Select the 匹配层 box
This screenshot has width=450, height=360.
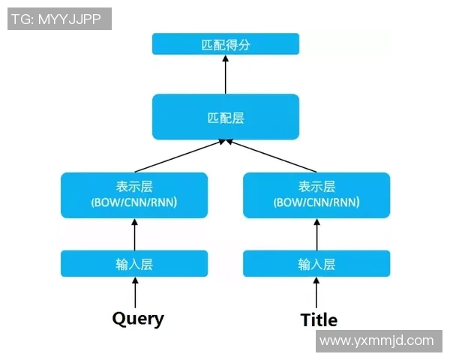pos(226,117)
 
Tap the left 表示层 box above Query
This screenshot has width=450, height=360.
pos(134,195)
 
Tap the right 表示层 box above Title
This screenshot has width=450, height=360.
pos(316,195)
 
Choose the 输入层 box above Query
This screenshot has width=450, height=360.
pos(134,264)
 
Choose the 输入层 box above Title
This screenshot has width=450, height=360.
pos(316,264)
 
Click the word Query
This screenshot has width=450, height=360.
pos(138,318)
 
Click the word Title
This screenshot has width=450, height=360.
pos(319,319)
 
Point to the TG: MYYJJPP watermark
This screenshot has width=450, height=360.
pos(59,19)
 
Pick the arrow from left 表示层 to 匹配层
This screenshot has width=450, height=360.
pos(180,156)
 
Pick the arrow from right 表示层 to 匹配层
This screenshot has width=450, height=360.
pos(271,156)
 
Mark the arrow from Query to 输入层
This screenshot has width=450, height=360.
pos(135,291)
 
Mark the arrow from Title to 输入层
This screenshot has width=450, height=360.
pos(316,291)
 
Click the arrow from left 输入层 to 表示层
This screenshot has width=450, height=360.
pos(135,234)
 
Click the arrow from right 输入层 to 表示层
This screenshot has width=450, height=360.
pos(316,234)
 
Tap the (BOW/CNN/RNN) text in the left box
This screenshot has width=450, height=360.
pos(134,202)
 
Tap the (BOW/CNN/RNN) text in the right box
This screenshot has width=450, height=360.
pos(316,202)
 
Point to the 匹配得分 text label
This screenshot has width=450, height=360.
pos(226,44)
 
